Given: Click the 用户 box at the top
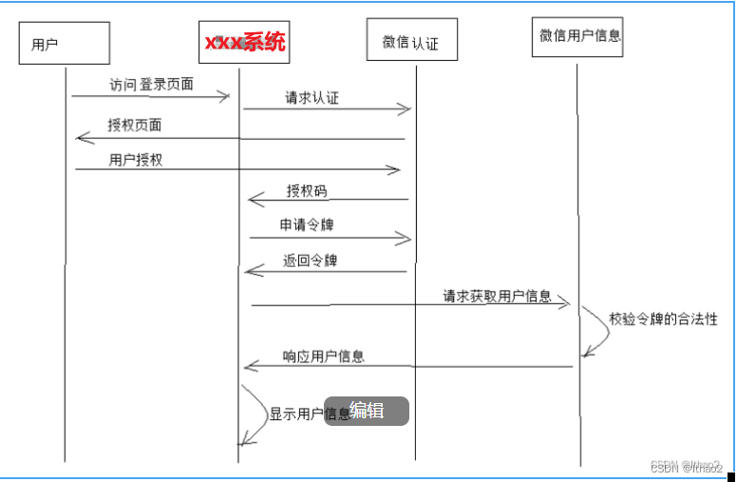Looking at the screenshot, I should [64, 44].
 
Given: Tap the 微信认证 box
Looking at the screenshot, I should [411, 41].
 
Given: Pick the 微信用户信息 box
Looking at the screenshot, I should [579, 36].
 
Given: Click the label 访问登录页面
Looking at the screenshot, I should [153, 84].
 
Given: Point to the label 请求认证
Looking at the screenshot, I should [312, 98].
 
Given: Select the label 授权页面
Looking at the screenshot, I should [135, 125].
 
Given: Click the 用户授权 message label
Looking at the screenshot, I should [136, 160].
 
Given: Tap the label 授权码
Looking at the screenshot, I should [307, 191].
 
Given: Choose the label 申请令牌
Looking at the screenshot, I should [306, 225].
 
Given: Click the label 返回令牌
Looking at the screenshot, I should [310, 260].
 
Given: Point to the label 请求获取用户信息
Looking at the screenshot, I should [497, 296].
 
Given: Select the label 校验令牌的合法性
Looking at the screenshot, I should [664, 319].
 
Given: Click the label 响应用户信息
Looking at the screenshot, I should [324, 357].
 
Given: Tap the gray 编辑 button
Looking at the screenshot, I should [367, 411].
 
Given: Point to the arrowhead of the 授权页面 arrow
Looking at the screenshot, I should [81, 139].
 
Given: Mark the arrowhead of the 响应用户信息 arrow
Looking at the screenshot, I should [249, 366].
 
